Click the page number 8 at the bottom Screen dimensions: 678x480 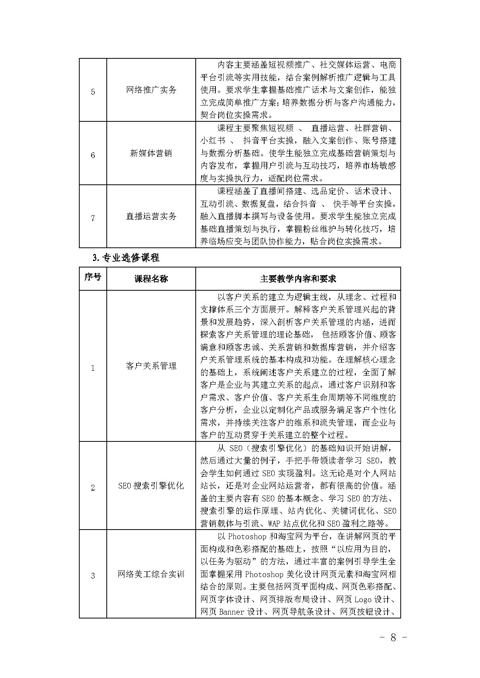pos(393,638)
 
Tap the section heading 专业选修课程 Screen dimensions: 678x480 pos(126,257)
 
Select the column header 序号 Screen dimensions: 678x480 pos(93,277)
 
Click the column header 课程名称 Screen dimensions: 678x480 pos(151,279)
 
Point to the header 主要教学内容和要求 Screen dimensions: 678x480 pos(298,279)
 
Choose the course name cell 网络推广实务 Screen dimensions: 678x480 pos(151,90)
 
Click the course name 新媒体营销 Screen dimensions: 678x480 pos(151,153)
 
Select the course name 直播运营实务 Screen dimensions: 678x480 pos(151,216)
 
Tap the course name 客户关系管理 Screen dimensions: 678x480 pos(151,366)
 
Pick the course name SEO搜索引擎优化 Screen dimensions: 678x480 pos(151,486)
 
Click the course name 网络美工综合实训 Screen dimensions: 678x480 pos(151,574)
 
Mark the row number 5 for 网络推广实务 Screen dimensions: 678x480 pos(93,92)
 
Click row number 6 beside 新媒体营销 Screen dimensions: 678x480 pos(93,155)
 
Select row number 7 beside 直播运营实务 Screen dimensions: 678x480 pos(93,218)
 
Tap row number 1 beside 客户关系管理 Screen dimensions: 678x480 pos(93,368)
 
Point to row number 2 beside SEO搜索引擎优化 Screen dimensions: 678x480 pos(93,488)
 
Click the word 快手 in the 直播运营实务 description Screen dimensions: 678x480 pos(342,204)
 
